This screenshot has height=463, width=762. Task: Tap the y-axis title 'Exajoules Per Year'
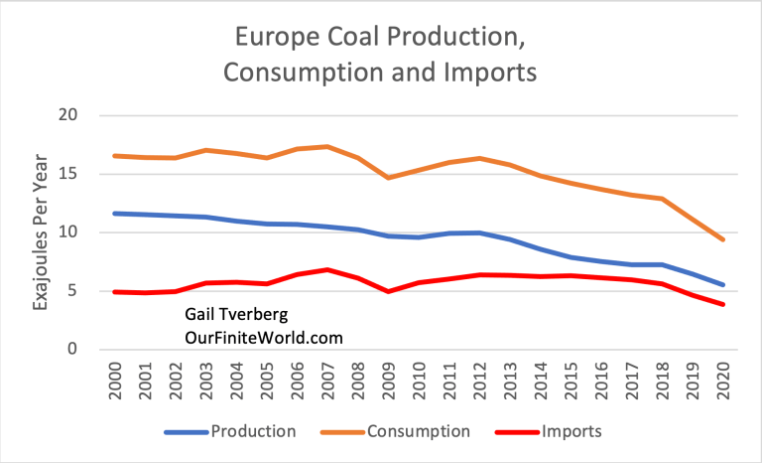pos(43,232)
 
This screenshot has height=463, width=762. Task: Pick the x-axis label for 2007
pos(327,381)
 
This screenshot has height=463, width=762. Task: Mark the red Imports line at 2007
pos(327,269)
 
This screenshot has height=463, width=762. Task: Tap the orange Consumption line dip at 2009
pos(389,178)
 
